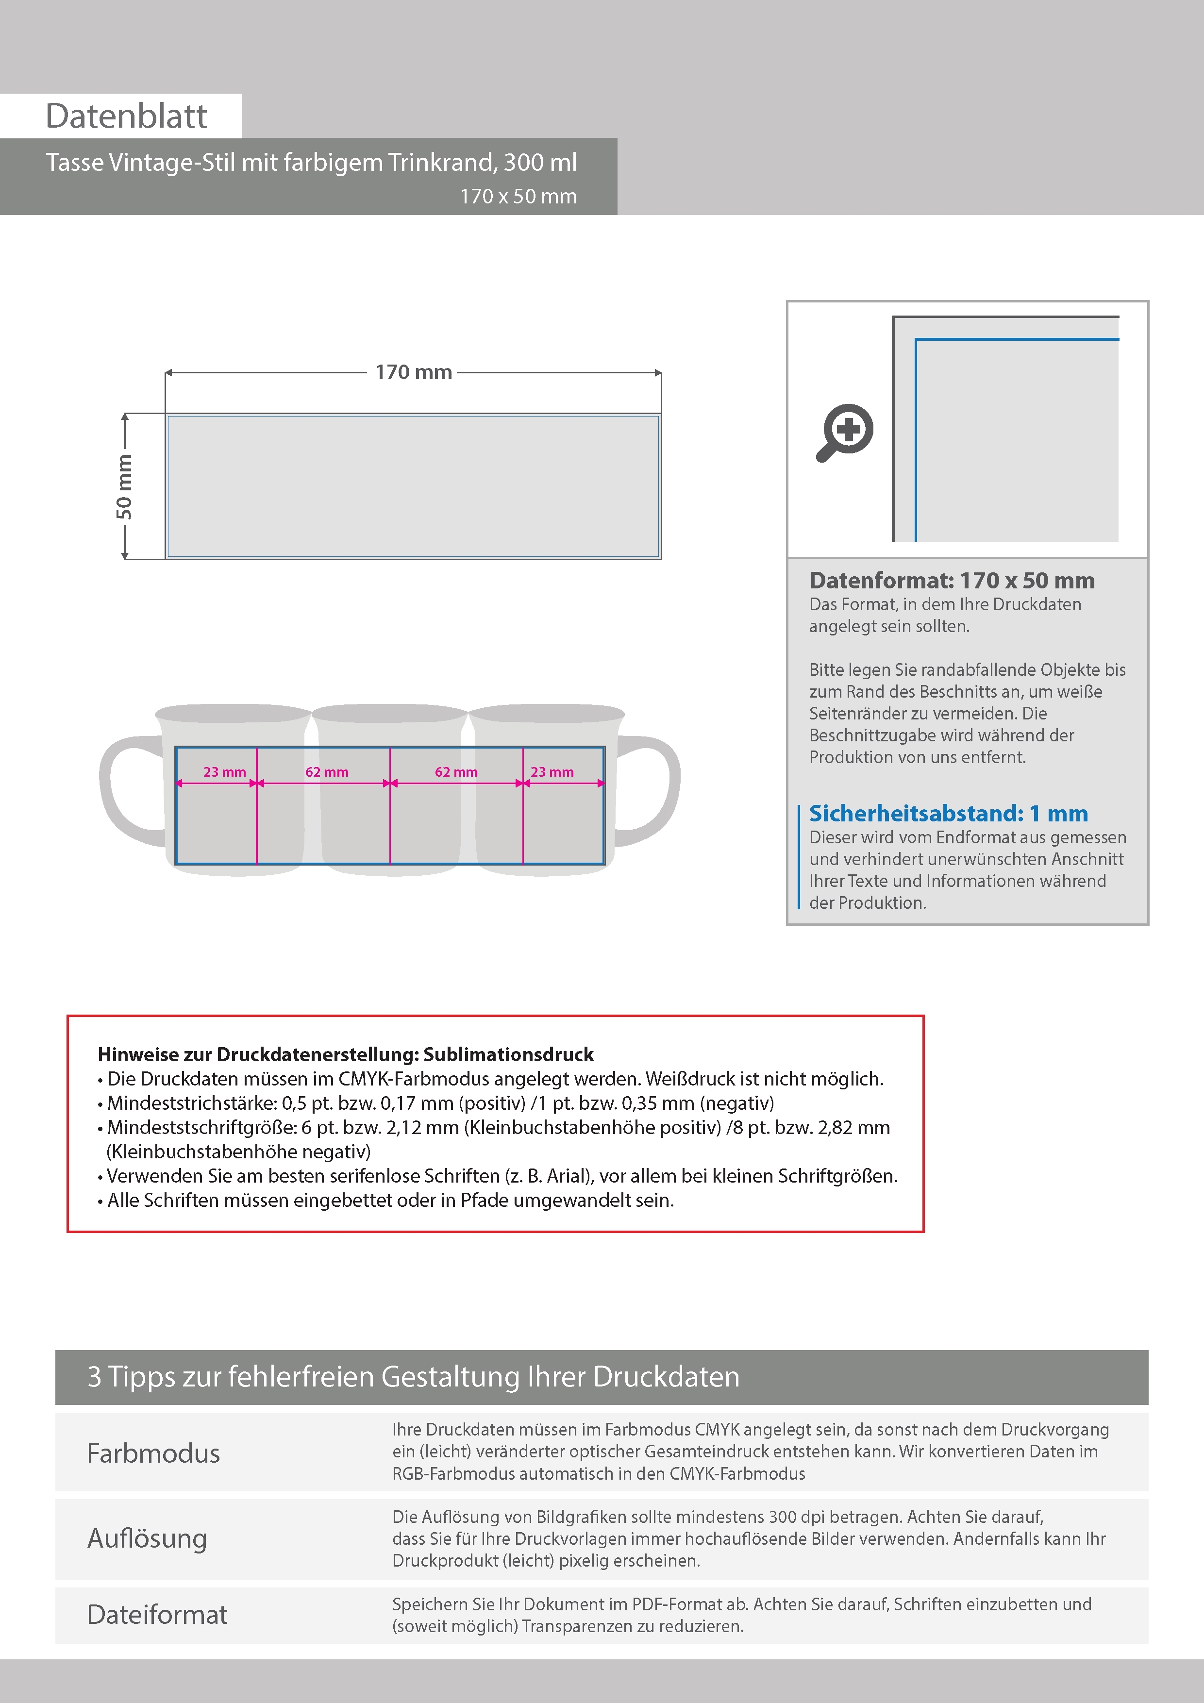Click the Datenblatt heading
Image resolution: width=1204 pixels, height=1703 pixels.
click(x=126, y=117)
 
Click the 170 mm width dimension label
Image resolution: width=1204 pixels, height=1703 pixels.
click(x=413, y=372)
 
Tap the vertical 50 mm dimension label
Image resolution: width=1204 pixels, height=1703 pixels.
click(x=124, y=486)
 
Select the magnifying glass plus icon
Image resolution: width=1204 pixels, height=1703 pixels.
click(x=846, y=433)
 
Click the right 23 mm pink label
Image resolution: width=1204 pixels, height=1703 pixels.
click(x=552, y=772)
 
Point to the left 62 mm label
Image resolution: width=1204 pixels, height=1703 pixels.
click(x=326, y=772)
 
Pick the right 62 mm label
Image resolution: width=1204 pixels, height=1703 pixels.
click(x=456, y=772)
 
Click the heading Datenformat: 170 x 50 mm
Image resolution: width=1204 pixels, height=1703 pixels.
click(x=952, y=581)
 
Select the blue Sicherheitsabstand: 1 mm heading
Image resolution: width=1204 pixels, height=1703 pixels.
click(x=948, y=814)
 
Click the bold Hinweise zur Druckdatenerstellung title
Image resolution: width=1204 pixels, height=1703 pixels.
click(x=346, y=1055)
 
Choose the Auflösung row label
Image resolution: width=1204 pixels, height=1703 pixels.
click(x=147, y=1538)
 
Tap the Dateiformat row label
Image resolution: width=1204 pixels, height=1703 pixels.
click(x=157, y=1615)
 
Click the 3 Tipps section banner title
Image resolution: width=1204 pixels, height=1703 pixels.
click(x=413, y=1377)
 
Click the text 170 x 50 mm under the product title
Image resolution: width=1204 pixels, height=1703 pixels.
click(x=518, y=197)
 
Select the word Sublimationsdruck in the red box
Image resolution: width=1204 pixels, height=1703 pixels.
click(x=509, y=1055)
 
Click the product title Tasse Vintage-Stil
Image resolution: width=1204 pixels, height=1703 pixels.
click(x=311, y=163)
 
